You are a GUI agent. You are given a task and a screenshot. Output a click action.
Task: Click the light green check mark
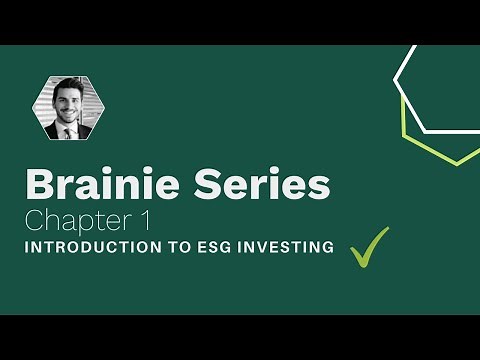tap(369, 247)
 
